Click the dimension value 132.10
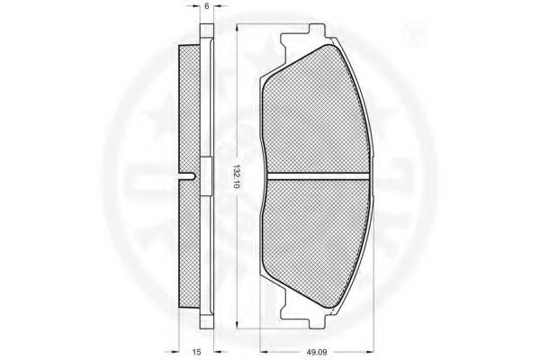tap(237, 177)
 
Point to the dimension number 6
tap(207, 6)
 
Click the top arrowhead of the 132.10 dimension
tap(237, 30)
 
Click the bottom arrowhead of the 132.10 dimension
tap(237, 324)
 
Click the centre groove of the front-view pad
tap(318, 176)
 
